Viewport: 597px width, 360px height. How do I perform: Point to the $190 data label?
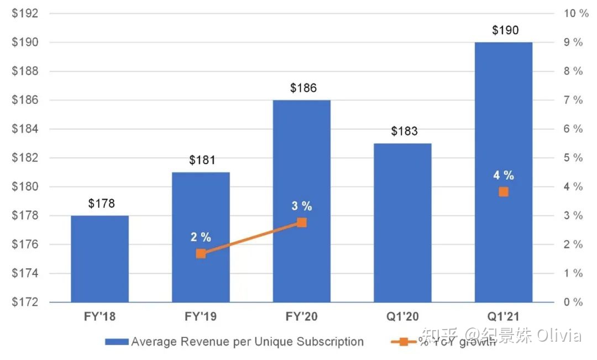click(x=505, y=30)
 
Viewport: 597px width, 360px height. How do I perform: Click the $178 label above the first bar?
click(x=101, y=204)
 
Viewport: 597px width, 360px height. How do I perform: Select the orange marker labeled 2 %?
click(x=201, y=253)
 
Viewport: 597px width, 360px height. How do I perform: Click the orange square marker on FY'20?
click(x=302, y=222)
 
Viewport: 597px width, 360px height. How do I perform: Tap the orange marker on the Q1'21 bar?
click(x=504, y=192)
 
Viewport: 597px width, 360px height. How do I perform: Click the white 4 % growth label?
click(x=504, y=176)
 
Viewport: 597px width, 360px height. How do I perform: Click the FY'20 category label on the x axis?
click(x=301, y=317)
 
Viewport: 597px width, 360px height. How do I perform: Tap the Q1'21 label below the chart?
click(x=503, y=317)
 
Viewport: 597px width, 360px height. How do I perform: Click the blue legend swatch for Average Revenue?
click(x=117, y=342)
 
